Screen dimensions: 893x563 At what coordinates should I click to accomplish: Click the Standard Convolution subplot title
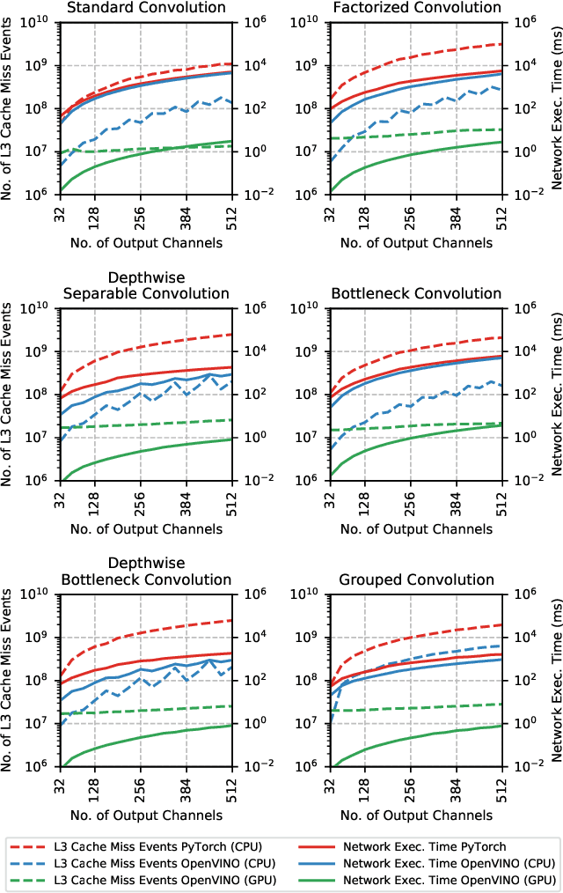tap(145, 8)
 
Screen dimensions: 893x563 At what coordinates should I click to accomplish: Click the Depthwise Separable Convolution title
tap(145, 285)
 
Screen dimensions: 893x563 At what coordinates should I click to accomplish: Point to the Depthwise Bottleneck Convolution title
tap(145, 572)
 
